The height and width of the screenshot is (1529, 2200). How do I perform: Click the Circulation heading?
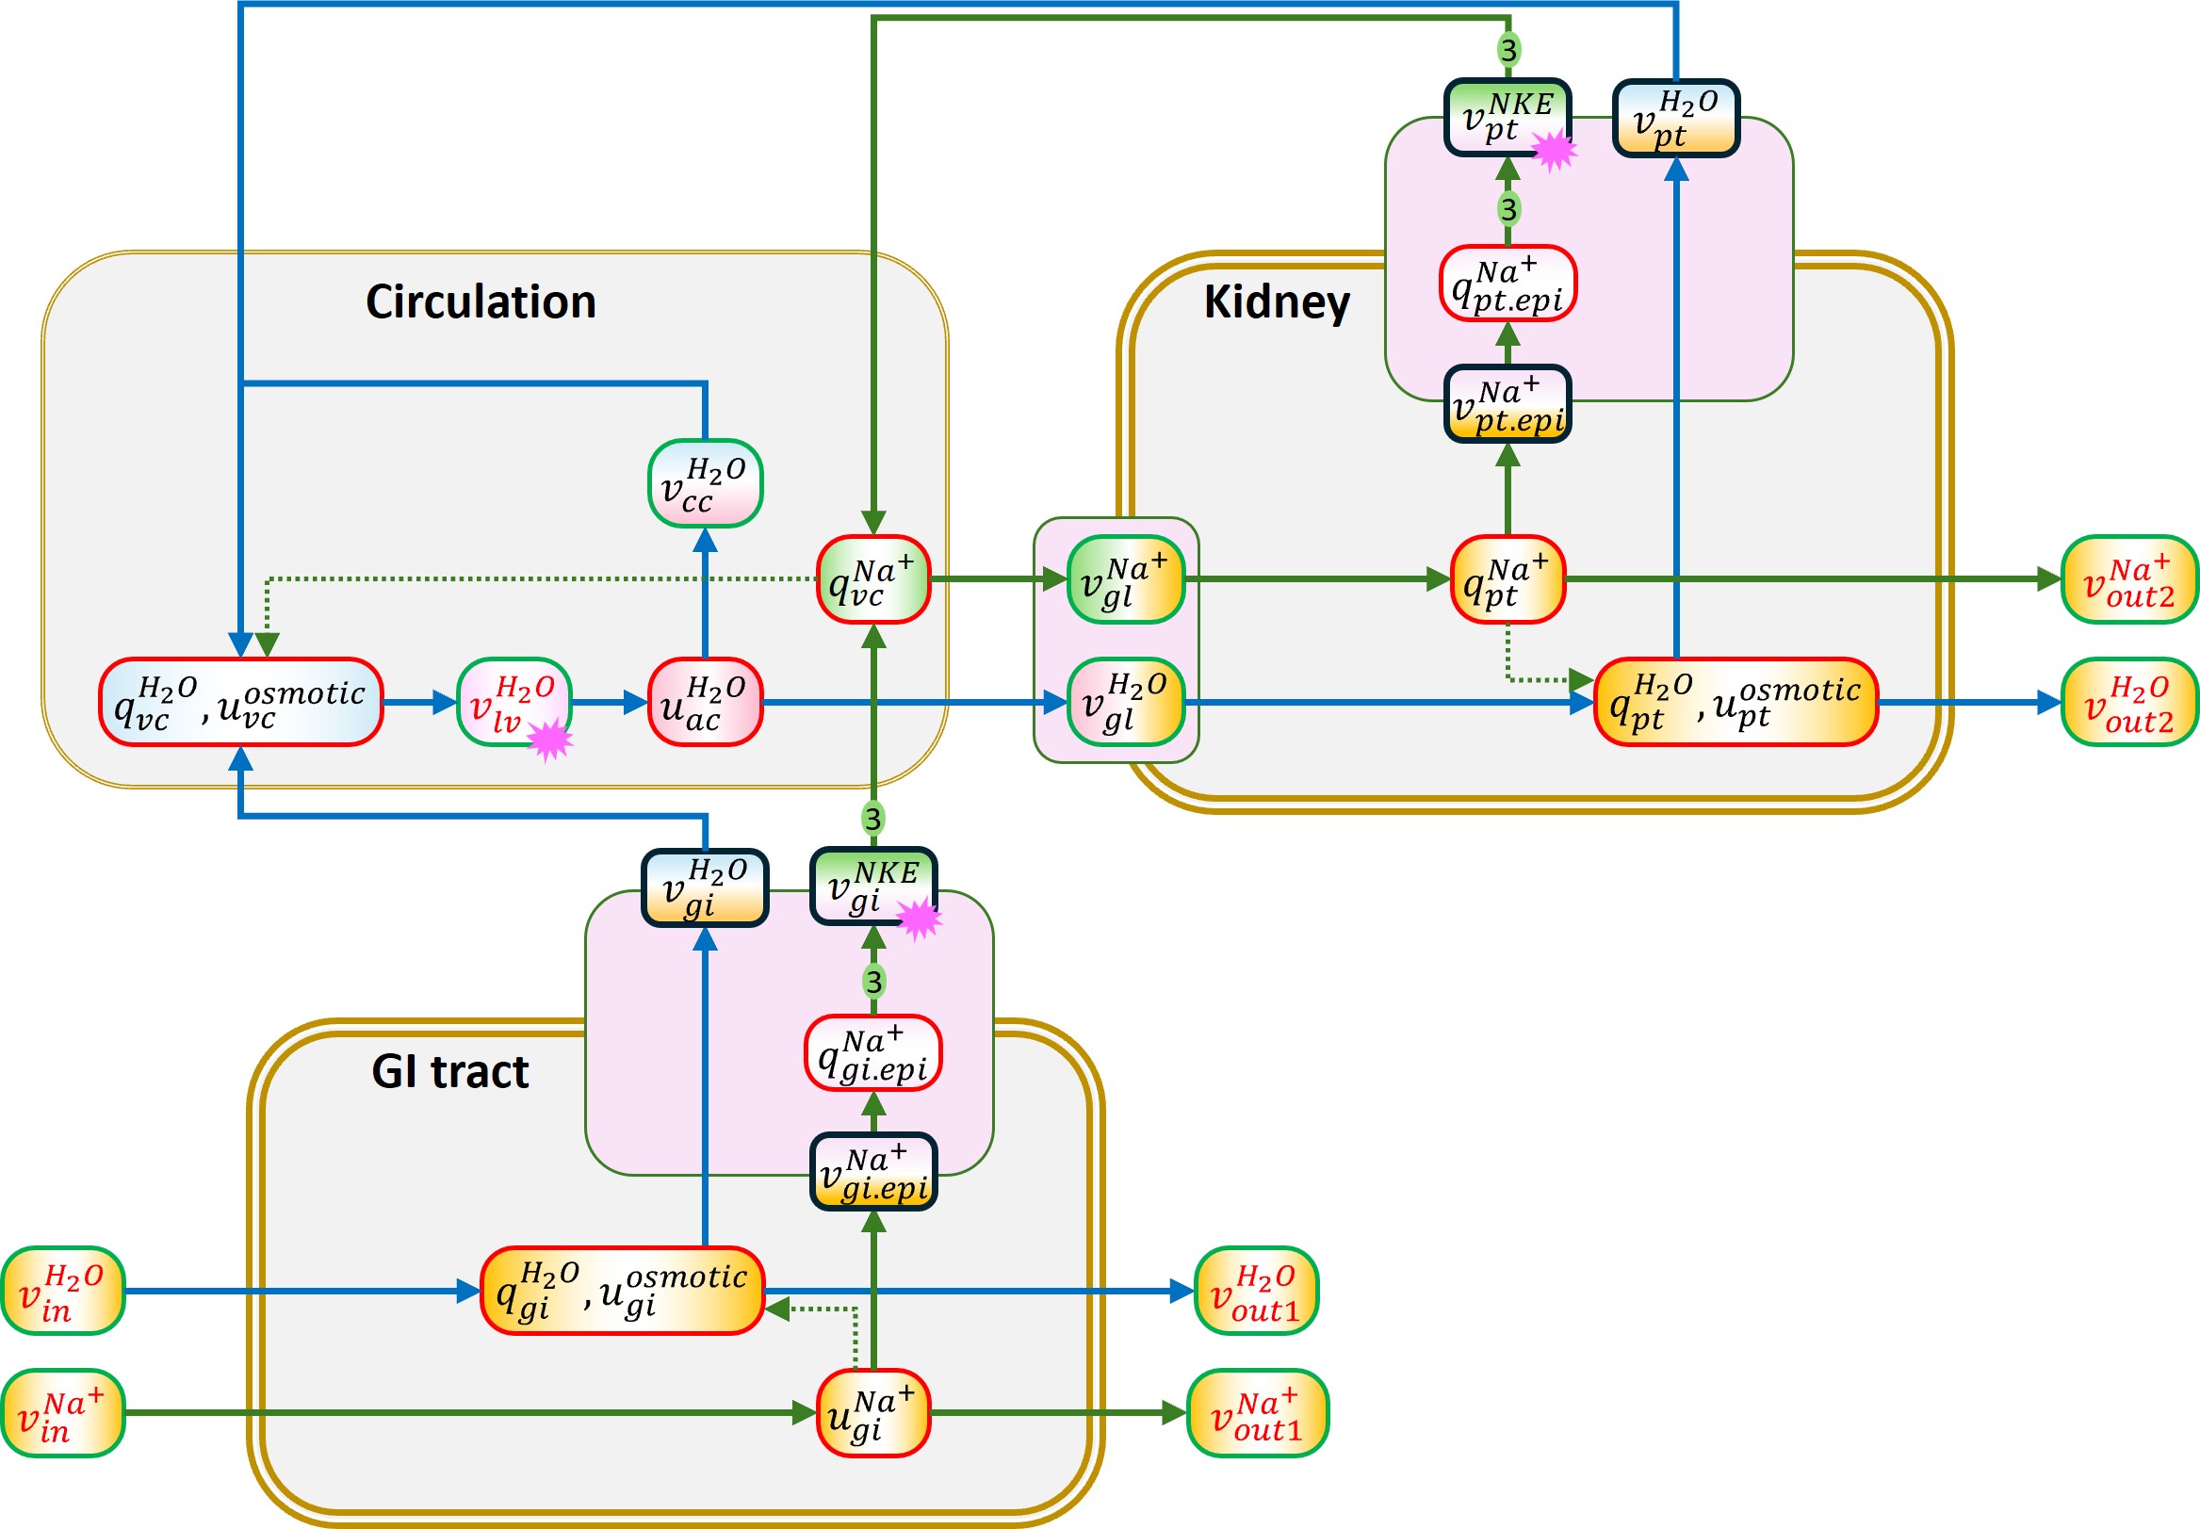[481, 301]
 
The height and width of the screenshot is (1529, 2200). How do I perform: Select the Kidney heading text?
[1277, 301]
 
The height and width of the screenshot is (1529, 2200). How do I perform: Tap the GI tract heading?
[449, 1071]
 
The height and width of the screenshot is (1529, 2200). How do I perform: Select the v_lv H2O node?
[513, 702]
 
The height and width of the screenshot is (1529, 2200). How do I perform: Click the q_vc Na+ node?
[872, 579]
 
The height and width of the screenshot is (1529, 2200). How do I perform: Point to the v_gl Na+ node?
[1125, 579]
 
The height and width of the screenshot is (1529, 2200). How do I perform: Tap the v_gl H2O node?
[1125, 702]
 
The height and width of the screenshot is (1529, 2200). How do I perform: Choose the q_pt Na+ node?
[1507, 579]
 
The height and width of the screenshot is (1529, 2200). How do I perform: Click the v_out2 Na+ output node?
[2129, 579]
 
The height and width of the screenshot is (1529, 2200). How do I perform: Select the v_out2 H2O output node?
[2129, 702]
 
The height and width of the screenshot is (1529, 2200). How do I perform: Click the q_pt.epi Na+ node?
[1507, 284]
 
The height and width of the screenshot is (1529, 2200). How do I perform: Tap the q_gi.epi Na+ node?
[872, 1053]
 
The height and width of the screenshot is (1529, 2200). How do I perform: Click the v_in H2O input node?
[62, 1291]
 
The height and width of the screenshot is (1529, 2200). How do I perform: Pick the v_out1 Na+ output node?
[1257, 1413]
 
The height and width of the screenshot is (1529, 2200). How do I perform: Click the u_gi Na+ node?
[872, 1413]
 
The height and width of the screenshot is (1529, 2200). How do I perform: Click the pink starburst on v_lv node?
[551, 740]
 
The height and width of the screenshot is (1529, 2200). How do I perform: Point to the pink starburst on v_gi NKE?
[919, 919]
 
